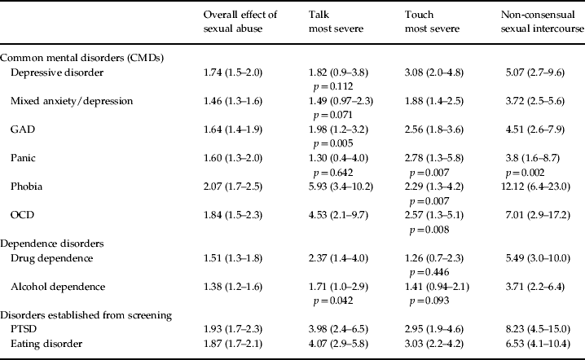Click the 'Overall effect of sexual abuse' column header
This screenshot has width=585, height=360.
[x=244, y=22]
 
